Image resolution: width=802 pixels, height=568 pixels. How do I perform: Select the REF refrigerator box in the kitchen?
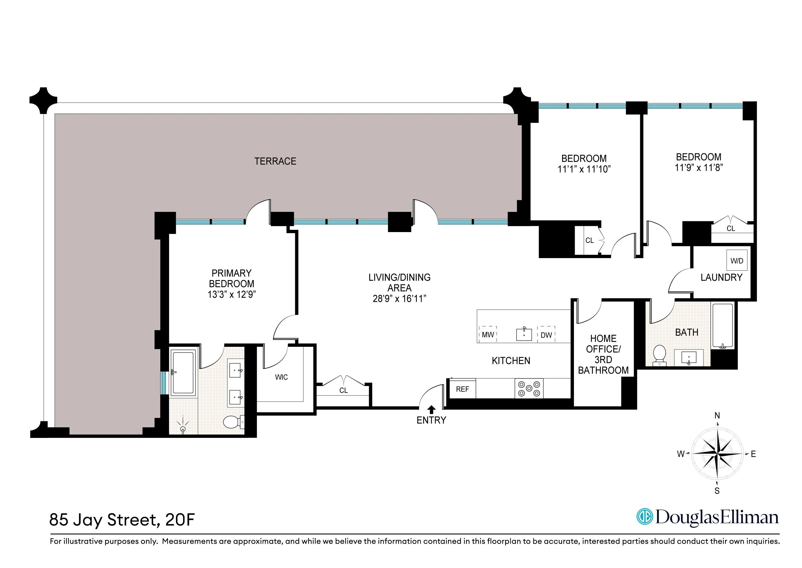462,389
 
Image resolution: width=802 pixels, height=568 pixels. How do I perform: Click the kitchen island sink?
524,334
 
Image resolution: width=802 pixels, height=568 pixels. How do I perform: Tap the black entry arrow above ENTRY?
431,410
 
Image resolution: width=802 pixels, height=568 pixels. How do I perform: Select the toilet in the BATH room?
659,355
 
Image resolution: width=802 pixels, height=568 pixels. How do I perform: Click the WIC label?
281,377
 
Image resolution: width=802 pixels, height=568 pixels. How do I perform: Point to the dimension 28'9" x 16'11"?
399,299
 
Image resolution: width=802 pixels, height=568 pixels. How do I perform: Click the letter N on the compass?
717,415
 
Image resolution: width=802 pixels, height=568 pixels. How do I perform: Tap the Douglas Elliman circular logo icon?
644,517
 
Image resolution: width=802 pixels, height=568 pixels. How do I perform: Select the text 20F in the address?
180,520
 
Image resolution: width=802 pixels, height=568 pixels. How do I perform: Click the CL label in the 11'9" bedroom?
731,228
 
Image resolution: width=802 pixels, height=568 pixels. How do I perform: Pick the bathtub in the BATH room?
722,326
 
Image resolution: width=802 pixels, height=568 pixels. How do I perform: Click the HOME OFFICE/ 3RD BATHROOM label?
603,354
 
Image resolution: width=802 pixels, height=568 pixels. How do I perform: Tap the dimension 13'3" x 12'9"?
232,295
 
